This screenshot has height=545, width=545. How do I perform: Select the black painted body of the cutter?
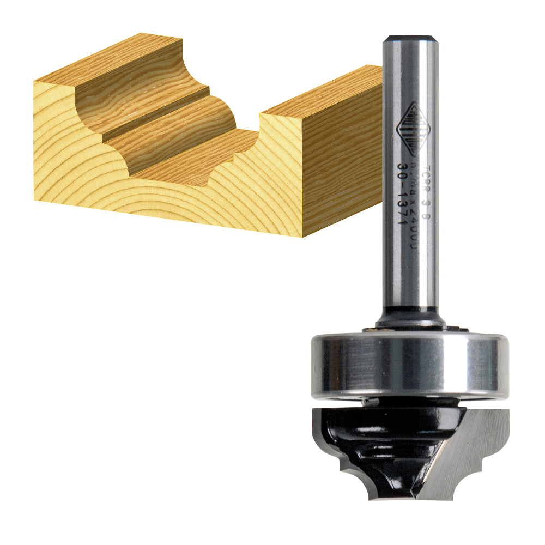click(381, 436)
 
